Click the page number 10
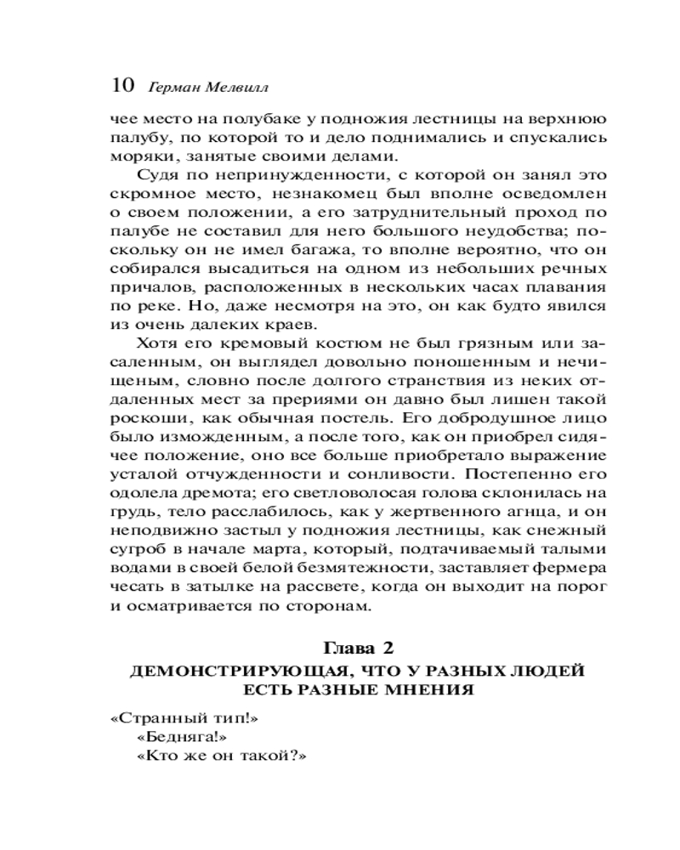click(x=122, y=86)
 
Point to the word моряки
click(x=139, y=157)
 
